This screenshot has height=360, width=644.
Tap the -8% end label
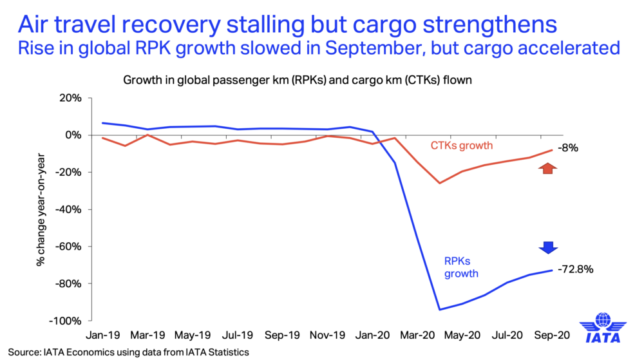(x=568, y=148)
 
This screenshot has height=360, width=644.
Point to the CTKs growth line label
(x=461, y=146)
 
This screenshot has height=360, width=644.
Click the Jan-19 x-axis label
(x=103, y=336)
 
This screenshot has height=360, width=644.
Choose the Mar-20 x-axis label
(x=417, y=336)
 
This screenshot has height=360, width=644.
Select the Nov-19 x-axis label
(x=328, y=336)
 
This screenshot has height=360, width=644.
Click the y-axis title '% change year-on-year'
(x=40, y=209)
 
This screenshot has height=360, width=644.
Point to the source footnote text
(x=129, y=352)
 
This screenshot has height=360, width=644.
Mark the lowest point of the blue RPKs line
(x=439, y=310)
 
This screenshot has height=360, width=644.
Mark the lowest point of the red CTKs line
(x=439, y=183)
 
